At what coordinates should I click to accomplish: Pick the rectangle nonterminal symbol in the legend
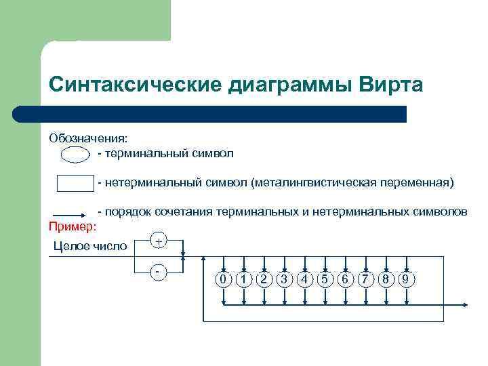coord(74,184)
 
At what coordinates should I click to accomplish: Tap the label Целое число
coord(89,246)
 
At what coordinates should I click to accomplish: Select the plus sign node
coord(158,241)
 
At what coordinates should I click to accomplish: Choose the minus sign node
coord(158,271)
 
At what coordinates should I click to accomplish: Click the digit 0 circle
coord(222,279)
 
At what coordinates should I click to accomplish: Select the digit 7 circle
coord(365,279)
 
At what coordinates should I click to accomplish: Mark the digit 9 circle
coord(407,279)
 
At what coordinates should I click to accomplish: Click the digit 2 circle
coord(264,279)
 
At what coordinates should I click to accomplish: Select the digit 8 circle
coord(386,279)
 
